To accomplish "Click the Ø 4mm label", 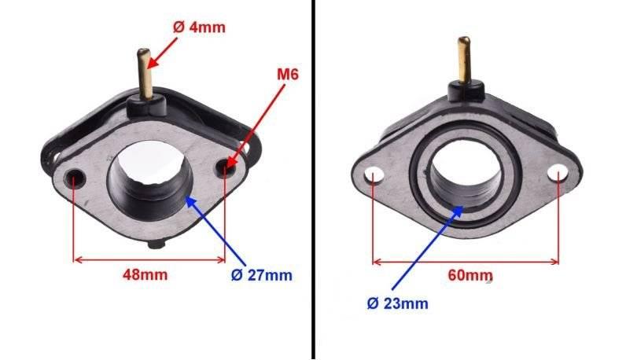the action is click(x=199, y=28).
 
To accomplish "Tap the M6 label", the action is click(x=288, y=74).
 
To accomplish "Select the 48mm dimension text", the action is click(x=145, y=274).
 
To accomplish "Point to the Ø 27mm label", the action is click(x=262, y=275).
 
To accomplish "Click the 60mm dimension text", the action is click(x=470, y=275).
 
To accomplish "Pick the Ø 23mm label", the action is click(x=397, y=303).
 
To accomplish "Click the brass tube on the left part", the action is click(x=145, y=74).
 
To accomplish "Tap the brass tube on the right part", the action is click(x=464, y=60).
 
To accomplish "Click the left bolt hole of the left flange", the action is click(x=75, y=178).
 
